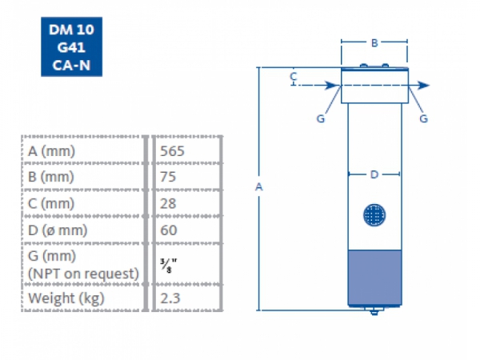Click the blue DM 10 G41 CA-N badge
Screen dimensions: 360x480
click(72, 50)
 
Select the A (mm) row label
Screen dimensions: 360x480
click(50, 150)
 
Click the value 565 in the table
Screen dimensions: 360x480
click(174, 150)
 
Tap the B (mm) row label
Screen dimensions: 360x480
click(50, 176)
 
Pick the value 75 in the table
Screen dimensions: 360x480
click(169, 176)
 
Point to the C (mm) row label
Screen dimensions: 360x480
click(50, 203)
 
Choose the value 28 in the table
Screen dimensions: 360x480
click(169, 203)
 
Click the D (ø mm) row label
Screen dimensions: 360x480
click(58, 230)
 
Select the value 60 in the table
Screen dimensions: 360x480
click(169, 230)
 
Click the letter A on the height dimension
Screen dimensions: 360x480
click(258, 186)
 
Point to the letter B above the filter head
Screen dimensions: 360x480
click(374, 42)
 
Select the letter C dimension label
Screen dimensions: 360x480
click(294, 77)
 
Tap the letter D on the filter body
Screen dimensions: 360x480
click(374, 174)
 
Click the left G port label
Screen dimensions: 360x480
click(320, 118)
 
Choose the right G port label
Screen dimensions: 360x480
click(423, 118)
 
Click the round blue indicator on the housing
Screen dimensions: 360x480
click(374, 214)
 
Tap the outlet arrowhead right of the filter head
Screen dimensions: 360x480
click(426, 85)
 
